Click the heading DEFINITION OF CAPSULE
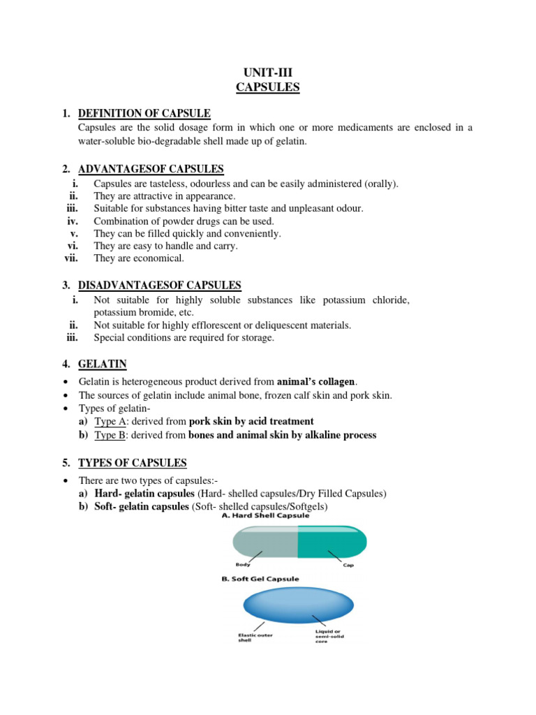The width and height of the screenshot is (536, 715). click(144, 113)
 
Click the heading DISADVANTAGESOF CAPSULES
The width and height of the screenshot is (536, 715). click(160, 285)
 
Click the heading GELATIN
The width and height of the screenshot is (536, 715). click(103, 364)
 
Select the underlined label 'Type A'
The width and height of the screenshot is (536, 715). click(108, 421)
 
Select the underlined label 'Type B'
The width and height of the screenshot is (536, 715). click(108, 435)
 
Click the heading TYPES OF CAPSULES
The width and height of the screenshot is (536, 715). click(133, 462)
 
